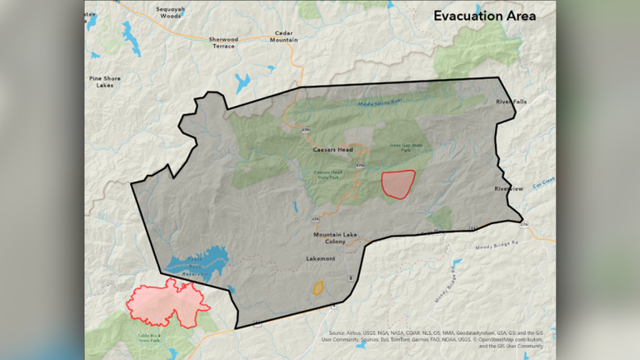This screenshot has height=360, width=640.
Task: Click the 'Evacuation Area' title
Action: coord(483,16)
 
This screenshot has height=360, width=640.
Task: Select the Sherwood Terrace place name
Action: coord(222,43)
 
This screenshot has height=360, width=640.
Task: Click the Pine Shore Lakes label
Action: coord(105,81)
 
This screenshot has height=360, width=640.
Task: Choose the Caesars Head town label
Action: coord(332,150)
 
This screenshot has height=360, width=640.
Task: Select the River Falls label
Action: coord(511,102)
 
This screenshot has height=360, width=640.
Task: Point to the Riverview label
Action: coord(508,189)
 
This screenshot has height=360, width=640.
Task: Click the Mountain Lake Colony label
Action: coord(335,238)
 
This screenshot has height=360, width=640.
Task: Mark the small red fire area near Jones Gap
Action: coord(397,183)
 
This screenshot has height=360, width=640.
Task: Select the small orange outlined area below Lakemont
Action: coord(317,288)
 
